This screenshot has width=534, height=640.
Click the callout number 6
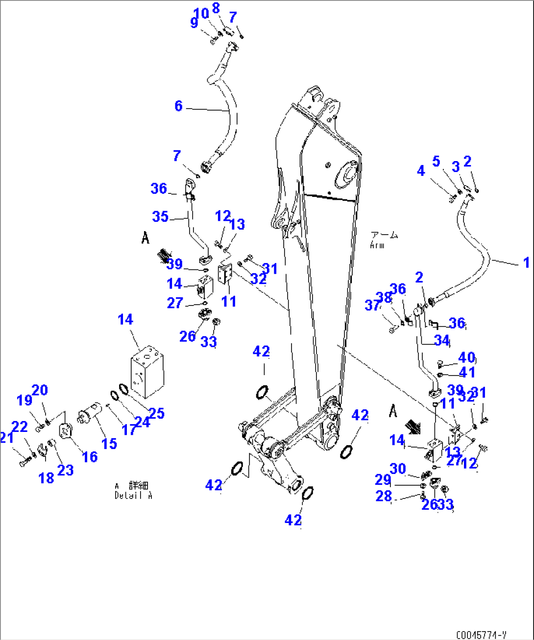pos(178,106)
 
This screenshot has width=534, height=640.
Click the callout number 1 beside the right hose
pos(526,262)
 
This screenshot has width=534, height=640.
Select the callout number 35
pos(161,216)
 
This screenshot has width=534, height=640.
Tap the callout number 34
pos(442,340)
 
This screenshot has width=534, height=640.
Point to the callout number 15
pos(109,444)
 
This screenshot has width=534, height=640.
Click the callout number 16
pos(90,457)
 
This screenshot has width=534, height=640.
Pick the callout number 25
pos(156,413)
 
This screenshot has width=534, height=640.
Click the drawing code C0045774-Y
pos(481,635)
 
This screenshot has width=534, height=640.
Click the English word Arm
pos(377,245)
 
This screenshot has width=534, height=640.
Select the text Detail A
pos(133,495)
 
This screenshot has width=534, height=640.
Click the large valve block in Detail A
pos(147,371)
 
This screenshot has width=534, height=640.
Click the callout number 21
pos(6,438)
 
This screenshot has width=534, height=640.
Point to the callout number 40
pos(466,357)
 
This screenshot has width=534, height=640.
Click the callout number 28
pos(384,496)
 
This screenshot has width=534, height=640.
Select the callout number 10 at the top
pos(201,14)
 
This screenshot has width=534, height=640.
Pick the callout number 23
pos(65,470)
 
